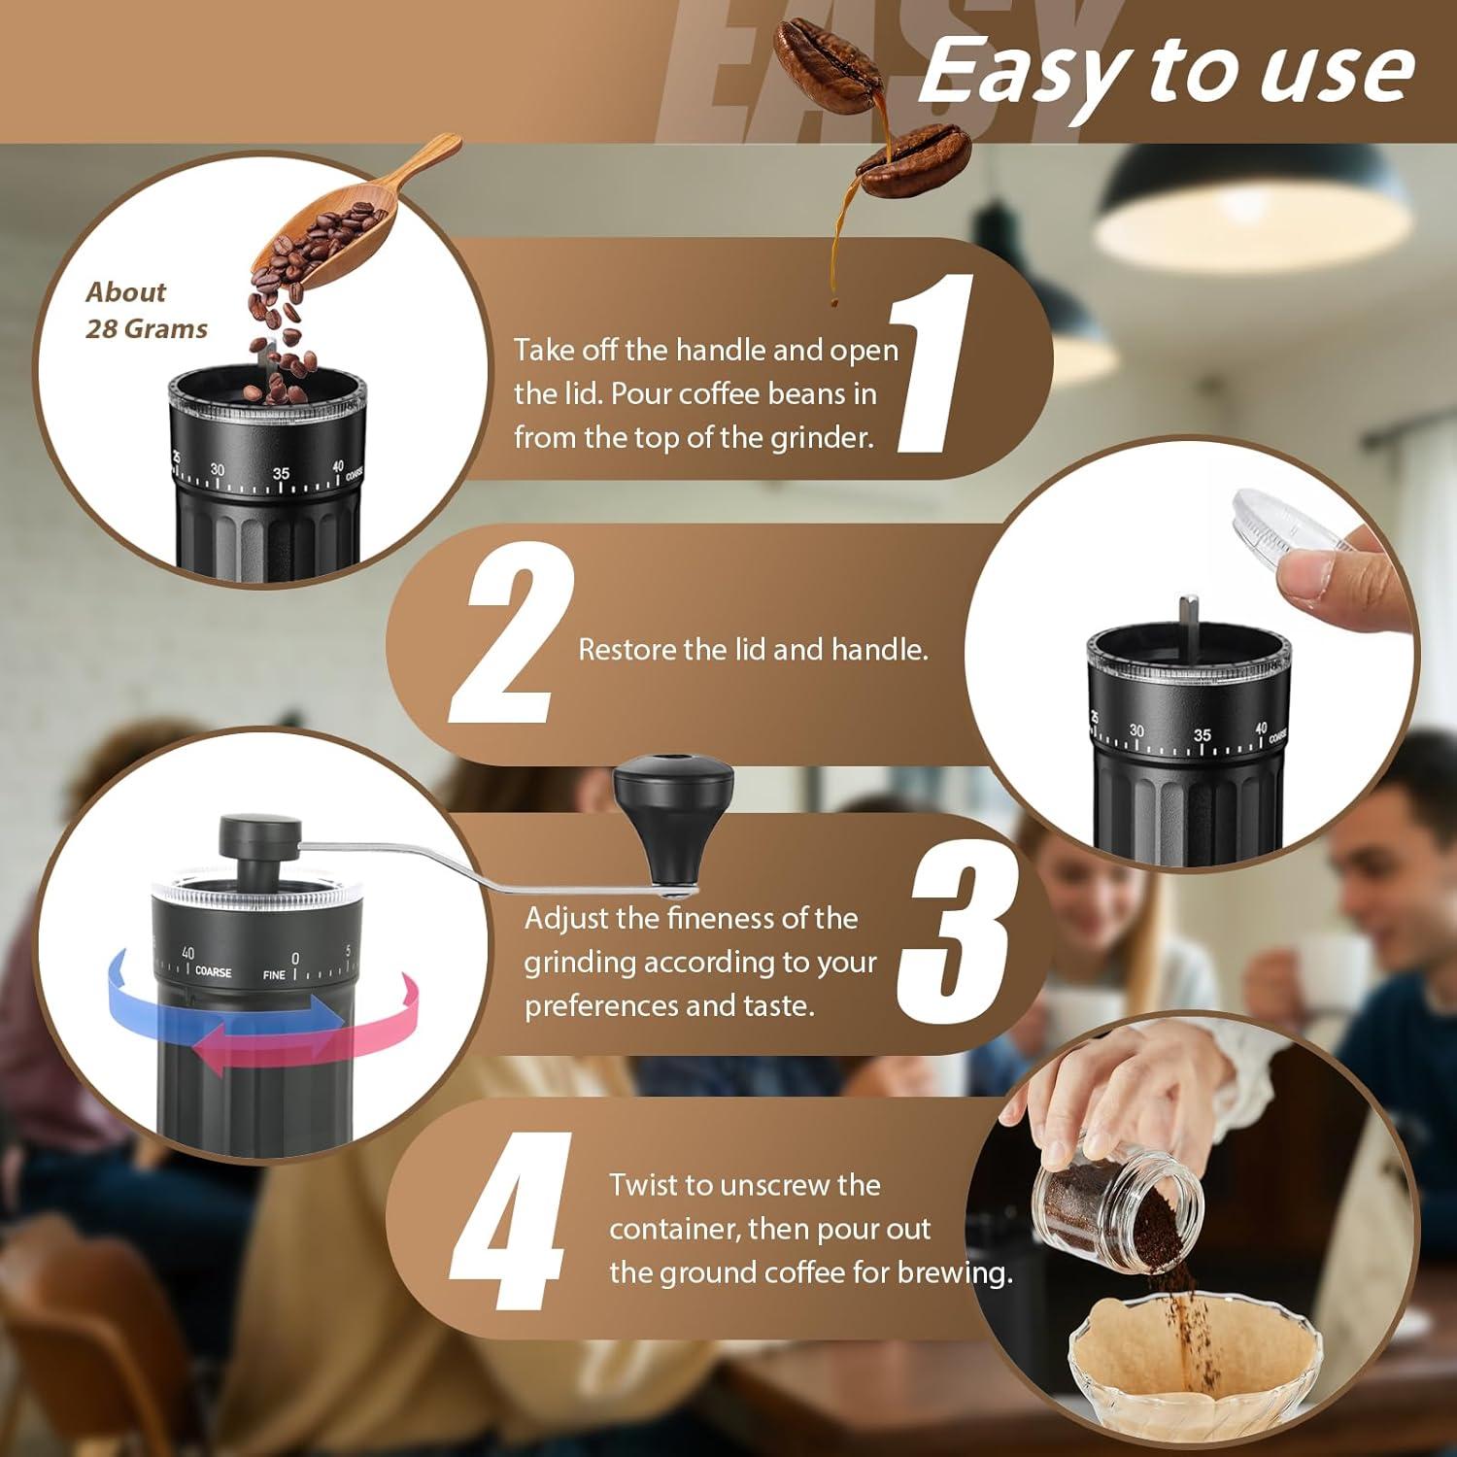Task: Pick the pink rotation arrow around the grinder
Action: [379, 1030]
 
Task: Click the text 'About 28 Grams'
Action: [146, 311]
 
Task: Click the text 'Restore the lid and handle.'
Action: [753, 649]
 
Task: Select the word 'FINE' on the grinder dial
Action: [274, 974]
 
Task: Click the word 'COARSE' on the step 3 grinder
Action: [213, 971]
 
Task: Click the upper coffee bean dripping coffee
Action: [826, 53]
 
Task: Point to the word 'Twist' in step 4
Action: [645, 1185]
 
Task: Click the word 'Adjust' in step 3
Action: [566, 918]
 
